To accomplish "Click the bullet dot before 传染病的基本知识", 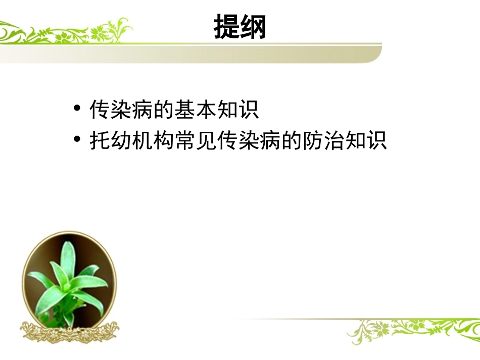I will pos(77,110).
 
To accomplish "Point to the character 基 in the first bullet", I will pos(184,110).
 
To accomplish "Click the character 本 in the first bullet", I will pos(205,110).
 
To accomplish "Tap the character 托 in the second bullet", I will pos(99,140).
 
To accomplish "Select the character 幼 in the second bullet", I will pos(120,140).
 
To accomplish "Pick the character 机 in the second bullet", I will pos(141,140).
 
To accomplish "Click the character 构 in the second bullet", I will pos(163,140).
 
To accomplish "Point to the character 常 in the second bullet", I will pos(184,140).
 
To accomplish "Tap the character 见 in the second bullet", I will pos(205,140).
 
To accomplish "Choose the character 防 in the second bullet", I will pos(311,140).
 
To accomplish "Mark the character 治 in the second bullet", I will pos(332,140).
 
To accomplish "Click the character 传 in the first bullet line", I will pos(99,110).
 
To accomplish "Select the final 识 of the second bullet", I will pos(375,140).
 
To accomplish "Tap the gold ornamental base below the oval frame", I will pos(69,331).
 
